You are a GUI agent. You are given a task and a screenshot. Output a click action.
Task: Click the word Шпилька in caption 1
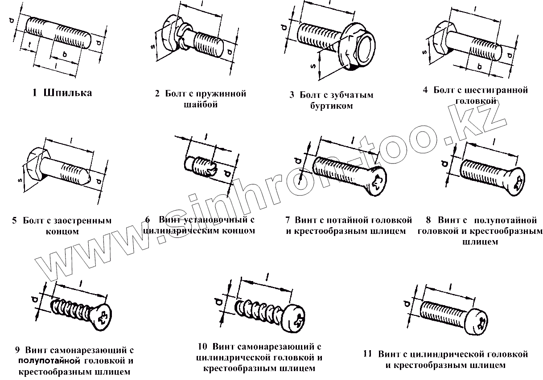click(68, 93)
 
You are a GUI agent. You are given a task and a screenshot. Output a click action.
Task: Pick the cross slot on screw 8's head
click(519, 184)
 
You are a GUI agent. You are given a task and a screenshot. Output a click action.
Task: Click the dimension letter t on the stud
click(28, 44)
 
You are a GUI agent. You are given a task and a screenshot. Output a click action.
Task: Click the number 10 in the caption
click(202, 346)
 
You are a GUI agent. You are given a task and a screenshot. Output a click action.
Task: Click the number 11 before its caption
click(367, 354)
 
